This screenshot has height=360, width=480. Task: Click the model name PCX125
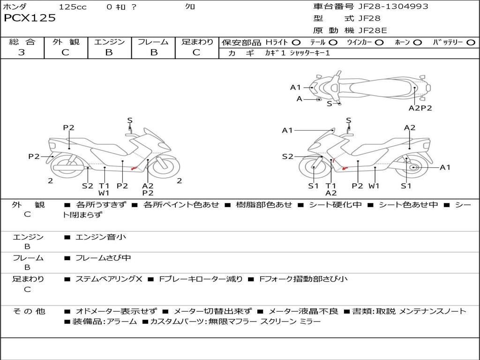tap(30, 18)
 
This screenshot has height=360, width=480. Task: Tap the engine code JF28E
tap(372, 31)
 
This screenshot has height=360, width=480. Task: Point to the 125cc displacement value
tap(73, 7)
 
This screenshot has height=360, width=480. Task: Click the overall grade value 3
tap(22, 52)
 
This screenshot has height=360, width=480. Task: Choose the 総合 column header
tap(22, 42)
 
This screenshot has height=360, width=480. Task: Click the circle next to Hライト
tap(296, 43)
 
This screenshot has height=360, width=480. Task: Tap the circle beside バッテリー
tap(471, 43)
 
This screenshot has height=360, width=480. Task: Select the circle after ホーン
tap(418, 43)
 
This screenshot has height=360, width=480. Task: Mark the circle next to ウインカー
tap(379, 43)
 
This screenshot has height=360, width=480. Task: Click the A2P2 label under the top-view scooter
tap(420, 108)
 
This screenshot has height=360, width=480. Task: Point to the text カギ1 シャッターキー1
tap(297, 53)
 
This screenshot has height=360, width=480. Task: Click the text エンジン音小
tap(101, 237)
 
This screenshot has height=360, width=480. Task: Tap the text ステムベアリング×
tap(109, 279)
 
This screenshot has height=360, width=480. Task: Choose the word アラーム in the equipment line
tap(122, 322)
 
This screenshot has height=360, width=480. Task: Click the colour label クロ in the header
tap(190, 7)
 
